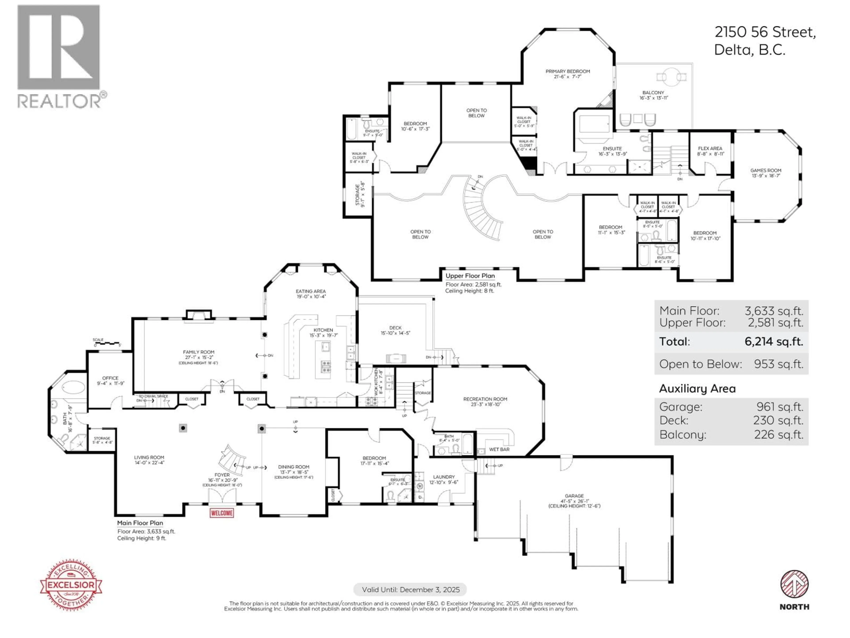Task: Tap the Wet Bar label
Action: tap(499, 449)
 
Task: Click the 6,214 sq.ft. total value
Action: tap(774, 342)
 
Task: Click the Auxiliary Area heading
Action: tap(697, 388)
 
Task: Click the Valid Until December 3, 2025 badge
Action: tap(410, 589)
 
